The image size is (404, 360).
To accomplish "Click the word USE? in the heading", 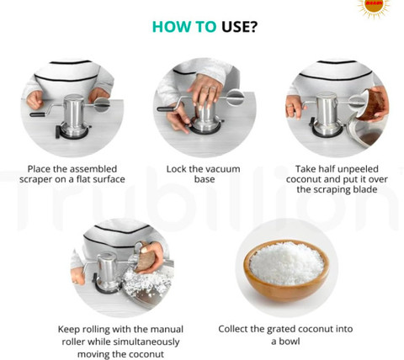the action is coord(239,27).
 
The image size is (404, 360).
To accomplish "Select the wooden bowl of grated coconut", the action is coord(286,271).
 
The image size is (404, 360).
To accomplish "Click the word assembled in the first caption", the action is coord(93,169).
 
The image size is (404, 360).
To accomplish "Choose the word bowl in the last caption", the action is coord(290,341).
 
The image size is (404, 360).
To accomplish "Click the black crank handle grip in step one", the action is coord(37,114).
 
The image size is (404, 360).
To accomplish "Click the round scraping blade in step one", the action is coord(102,104).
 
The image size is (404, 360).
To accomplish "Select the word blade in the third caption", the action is coord(364,189).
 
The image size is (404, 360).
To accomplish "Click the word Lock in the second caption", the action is coord(176,169).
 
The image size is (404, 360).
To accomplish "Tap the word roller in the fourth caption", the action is coord(73,342).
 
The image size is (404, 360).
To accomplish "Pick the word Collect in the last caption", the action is coord(233,329).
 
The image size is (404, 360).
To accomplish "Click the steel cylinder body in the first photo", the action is coord(73,113).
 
